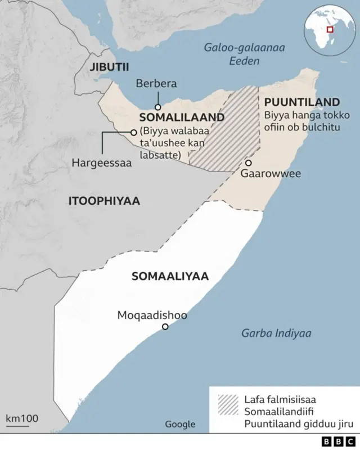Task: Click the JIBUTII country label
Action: tap(109, 67)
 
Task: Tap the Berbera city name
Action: tap(156, 84)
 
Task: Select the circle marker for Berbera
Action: tap(158, 107)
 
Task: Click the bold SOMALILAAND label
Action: tap(182, 118)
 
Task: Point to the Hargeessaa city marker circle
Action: tap(134, 132)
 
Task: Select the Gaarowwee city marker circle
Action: tap(247, 163)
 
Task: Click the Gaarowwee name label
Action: tap(271, 173)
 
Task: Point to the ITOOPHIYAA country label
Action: tap(104, 201)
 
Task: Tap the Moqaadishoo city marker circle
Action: tap(165, 327)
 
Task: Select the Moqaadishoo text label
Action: tap(152, 315)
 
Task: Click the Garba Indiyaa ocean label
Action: tap(276, 333)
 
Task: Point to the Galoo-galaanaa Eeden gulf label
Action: tap(244, 54)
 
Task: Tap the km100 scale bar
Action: tap(22, 421)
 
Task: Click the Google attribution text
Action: tap(180, 424)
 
